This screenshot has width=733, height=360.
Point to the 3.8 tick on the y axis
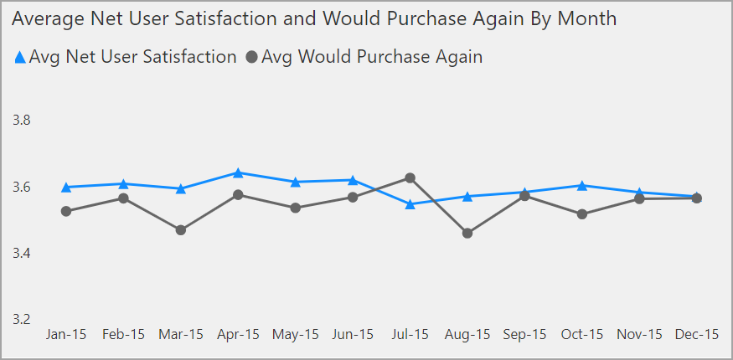click(22, 121)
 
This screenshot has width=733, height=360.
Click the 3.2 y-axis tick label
click(22, 319)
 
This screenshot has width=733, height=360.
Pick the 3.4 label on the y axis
click(22, 253)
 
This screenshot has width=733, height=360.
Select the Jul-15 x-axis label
click(410, 334)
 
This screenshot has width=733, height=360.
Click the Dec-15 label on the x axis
click(696, 334)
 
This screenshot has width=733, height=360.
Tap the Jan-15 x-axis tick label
click(65, 334)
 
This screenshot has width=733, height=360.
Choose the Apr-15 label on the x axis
click(238, 334)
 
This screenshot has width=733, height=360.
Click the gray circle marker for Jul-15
click(410, 177)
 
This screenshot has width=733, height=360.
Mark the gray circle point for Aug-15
click(467, 233)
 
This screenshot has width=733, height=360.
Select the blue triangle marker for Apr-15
click(238, 173)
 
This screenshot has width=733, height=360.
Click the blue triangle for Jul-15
click(410, 204)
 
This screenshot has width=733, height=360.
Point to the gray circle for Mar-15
click(180, 229)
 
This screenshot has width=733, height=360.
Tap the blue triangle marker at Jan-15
click(65, 188)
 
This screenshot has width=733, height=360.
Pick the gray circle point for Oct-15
click(582, 214)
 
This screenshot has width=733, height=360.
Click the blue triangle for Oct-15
click(582, 186)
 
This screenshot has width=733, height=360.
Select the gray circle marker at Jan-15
click(65, 211)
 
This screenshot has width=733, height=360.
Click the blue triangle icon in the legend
click(20, 58)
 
